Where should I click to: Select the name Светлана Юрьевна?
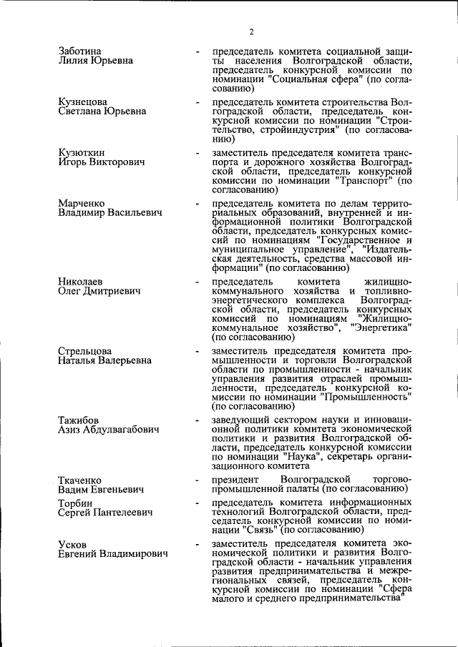[x=102, y=112]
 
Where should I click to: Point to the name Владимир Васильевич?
[x=110, y=213]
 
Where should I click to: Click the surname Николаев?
[x=80, y=281]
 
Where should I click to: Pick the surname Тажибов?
[x=78, y=420]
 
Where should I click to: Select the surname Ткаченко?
[x=79, y=480]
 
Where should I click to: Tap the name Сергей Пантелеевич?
[x=102, y=515]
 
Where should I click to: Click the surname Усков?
[x=72, y=545]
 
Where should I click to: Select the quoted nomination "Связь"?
[x=252, y=530]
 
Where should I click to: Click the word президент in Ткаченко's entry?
[x=234, y=478]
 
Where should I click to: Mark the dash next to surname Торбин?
[x=197, y=505]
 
